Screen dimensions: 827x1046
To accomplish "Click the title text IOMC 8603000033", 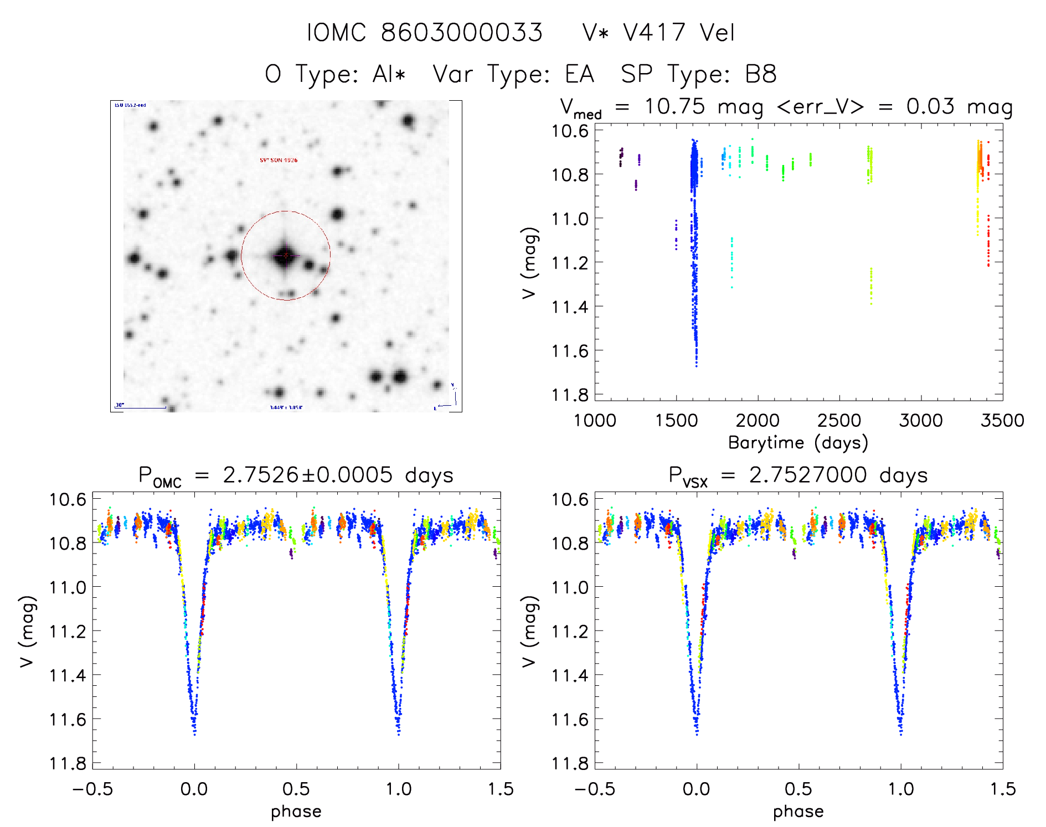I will point(425,33).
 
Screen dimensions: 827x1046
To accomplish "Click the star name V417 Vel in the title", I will point(679,33).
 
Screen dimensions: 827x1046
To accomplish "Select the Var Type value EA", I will point(579,74).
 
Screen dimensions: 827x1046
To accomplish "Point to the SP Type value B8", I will point(760,74).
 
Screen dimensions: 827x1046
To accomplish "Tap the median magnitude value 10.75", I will point(674,106).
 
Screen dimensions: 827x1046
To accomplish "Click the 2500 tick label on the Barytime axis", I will point(839,421).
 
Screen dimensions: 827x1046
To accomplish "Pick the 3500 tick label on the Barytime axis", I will point(1002,421).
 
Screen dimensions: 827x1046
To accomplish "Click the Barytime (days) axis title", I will point(798,443).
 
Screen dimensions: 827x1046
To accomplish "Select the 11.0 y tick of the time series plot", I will point(570,219).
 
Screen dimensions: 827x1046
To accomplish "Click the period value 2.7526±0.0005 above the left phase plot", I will point(307,475).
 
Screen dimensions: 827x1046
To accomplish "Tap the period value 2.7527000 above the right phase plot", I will point(808,475).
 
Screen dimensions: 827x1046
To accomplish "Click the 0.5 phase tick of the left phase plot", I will point(296,789).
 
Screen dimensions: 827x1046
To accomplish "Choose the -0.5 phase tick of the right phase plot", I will point(594,789).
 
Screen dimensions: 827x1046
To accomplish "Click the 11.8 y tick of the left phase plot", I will point(68,763).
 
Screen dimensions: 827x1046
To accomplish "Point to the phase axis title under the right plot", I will point(798,812).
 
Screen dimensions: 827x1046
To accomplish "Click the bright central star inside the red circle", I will point(285,255).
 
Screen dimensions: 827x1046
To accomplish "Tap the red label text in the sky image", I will point(279,160).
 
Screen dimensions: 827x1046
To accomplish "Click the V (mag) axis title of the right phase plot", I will point(529,631).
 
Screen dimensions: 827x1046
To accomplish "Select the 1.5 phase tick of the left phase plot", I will point(500,789).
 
